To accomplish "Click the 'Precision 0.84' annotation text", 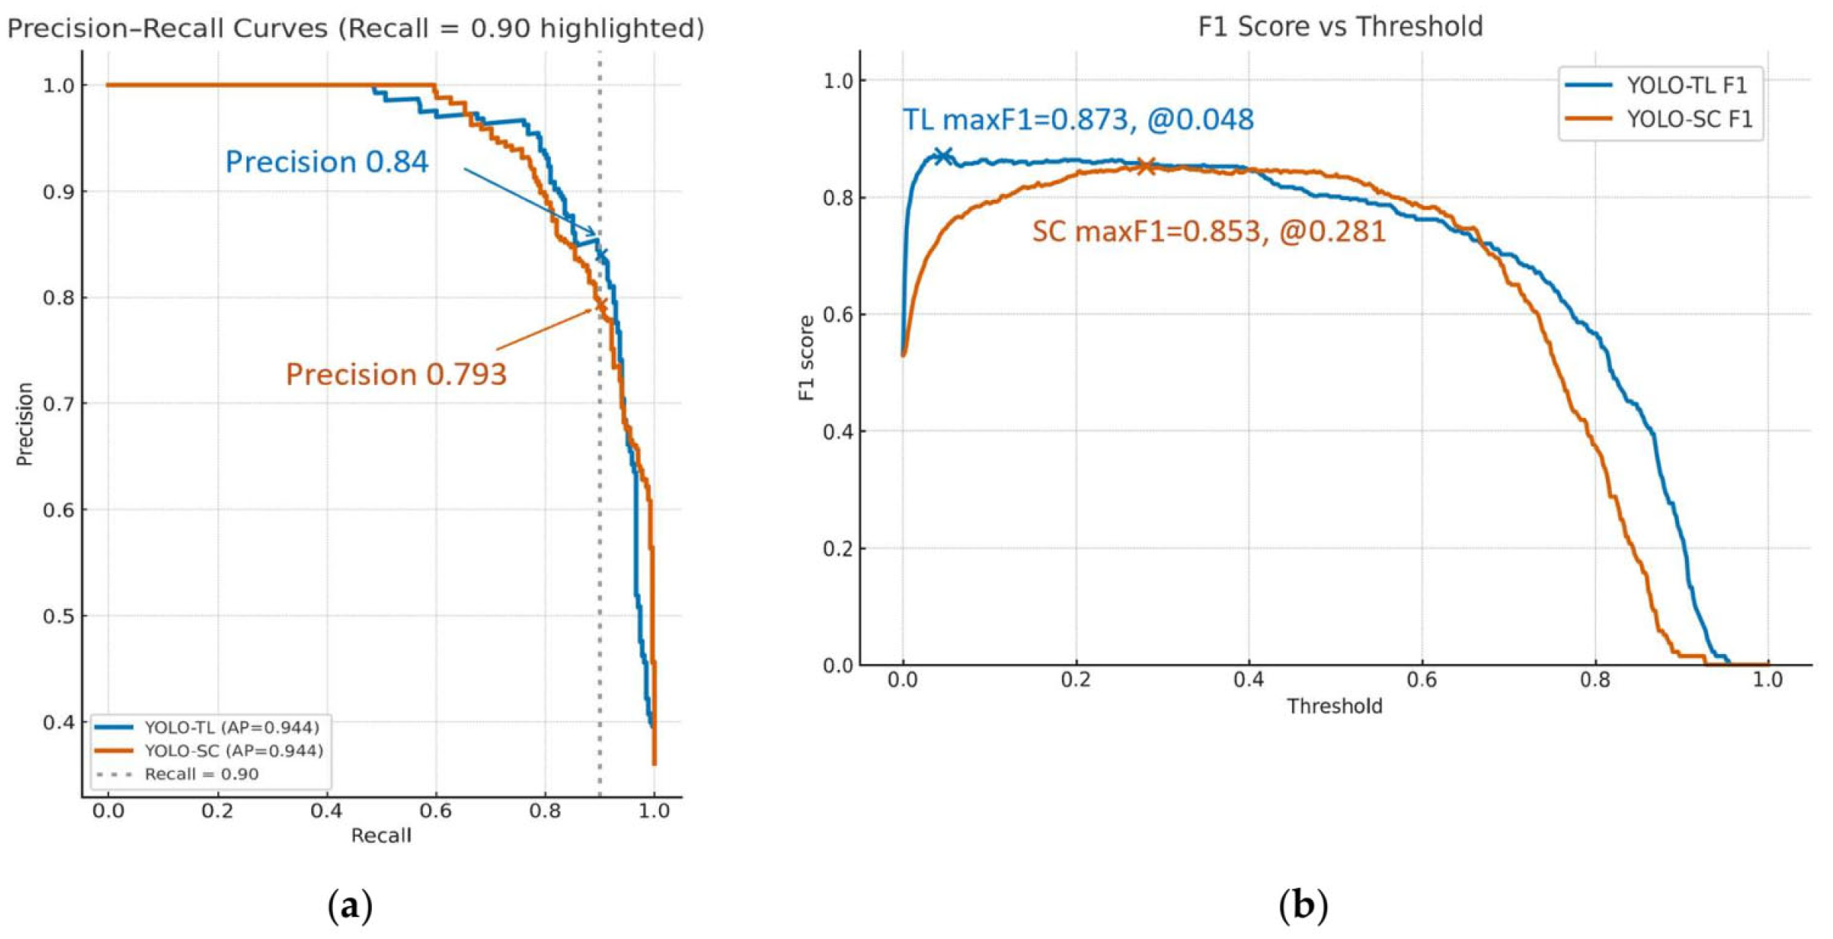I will tap(326, 162).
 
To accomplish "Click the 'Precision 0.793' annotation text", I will tap(396, 374).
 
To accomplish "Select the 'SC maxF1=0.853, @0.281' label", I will tap(1208, 232).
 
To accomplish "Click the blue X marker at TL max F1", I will tap(942, 156).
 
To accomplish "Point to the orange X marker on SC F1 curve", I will tap(1145, 166).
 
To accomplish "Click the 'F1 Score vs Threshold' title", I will tap(1340, 27).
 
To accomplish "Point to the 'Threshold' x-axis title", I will tap(1334, 706).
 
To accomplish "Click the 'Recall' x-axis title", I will tap(381, 835).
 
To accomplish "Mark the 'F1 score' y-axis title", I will tap(806, 358).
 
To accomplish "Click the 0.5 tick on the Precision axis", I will tap(59, 616).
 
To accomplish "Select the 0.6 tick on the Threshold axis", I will tap(1421, 680).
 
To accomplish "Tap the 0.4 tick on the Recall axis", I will tap(326, 811).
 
